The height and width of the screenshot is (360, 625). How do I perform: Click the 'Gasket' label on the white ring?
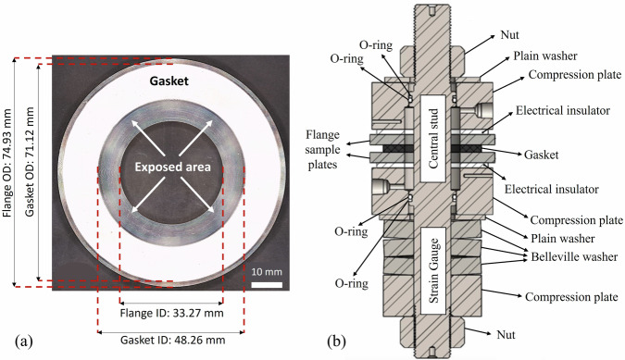169,81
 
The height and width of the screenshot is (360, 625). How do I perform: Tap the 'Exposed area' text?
172,167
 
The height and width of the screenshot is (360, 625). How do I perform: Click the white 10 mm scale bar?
267,285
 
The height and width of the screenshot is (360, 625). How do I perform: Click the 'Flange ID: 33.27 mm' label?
172,313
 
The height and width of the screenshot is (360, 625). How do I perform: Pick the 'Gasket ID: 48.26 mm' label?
172,341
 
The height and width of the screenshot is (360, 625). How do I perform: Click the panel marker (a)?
23,341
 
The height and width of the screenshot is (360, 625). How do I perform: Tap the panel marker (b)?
336,341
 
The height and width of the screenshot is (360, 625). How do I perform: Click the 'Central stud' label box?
433,139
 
